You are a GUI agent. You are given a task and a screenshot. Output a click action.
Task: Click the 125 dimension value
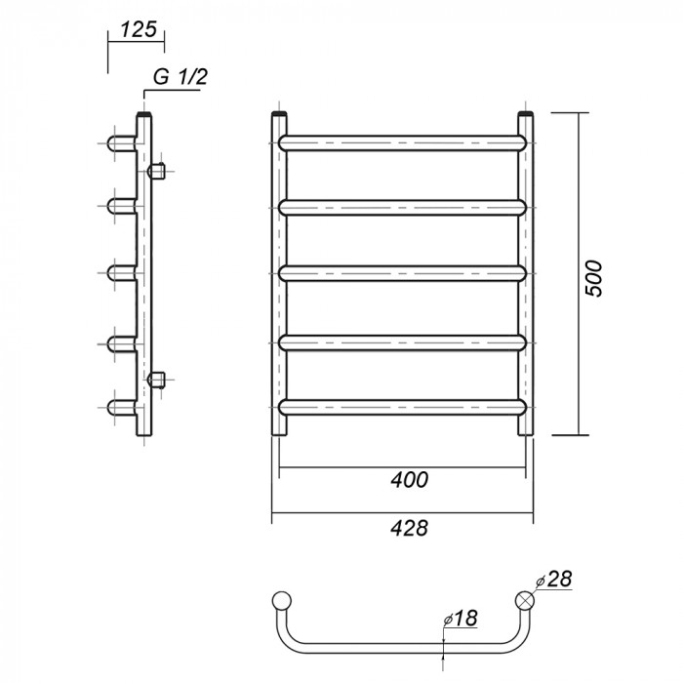[139, 29]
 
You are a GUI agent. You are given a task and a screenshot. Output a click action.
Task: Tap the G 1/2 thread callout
[181, 77]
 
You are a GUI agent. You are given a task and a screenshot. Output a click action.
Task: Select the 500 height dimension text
[593, 279]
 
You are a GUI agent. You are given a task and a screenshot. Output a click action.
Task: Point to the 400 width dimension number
[410, 480]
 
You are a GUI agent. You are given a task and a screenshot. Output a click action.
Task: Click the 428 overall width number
[410, 528]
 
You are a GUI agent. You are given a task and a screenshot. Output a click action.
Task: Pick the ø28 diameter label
[553, 579]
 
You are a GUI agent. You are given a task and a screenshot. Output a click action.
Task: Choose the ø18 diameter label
[460, 618]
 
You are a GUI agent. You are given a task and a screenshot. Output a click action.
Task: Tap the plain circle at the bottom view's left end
[281, 600]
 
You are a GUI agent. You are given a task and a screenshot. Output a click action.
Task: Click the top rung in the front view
[403, 143]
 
